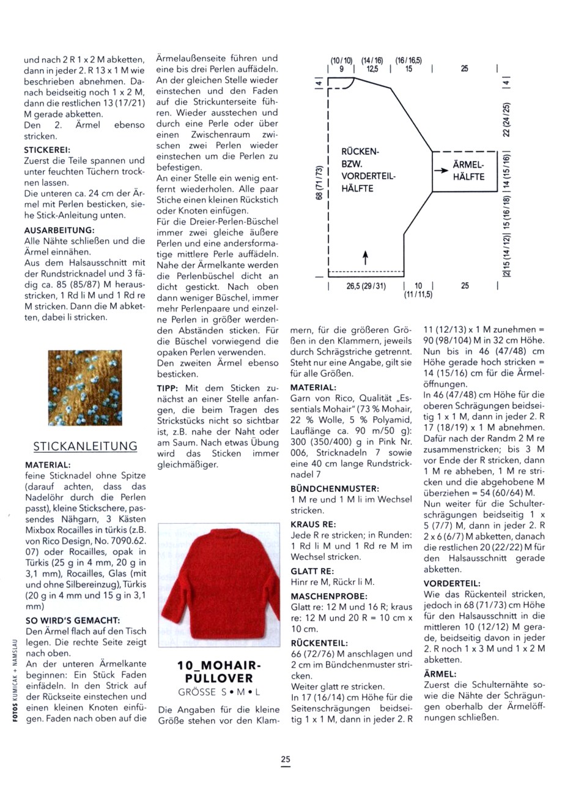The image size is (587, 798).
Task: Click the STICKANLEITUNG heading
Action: [x=85, y=446]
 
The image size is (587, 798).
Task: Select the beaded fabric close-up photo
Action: [x=85, y=388]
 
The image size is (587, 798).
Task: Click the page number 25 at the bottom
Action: [x=286, y=759]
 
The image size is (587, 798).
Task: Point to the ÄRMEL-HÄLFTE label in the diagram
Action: [x=468, y=171]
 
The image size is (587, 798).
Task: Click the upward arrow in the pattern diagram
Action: [x=365, y=258]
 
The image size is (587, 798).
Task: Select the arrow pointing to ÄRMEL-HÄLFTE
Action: [x=441, y=171]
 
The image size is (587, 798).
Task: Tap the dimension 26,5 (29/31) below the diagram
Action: [x=366, y=286]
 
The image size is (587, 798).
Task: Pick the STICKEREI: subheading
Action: [x=47, y=149]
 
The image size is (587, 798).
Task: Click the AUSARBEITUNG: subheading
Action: [x=59, y=230]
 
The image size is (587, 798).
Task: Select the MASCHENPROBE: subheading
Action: [x=329, y=596]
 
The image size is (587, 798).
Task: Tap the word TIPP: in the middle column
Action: [x=168, y=388]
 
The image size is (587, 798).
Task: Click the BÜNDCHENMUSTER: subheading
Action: [x=334, y=489]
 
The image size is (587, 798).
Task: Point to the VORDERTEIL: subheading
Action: [x=452, y=583]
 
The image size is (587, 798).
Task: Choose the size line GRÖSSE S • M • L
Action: [x=219, y=692]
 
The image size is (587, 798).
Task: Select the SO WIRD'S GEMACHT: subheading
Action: [x=72, y=621]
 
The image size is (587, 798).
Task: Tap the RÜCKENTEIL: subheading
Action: [x=319, y=643]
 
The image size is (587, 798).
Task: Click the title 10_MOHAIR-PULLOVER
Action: [x=219, y=672]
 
